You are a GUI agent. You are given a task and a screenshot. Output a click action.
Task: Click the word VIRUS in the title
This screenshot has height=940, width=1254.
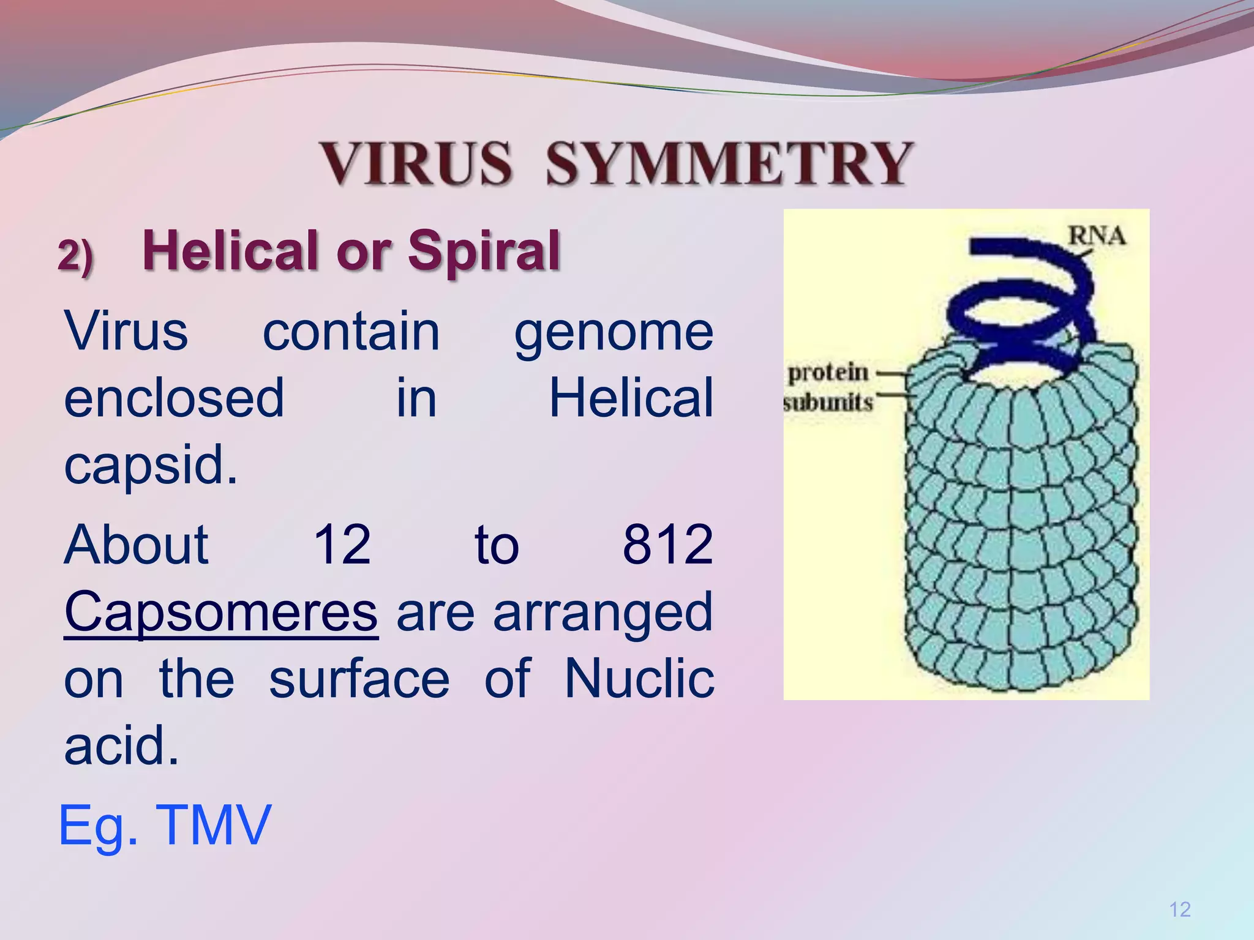point(416,163)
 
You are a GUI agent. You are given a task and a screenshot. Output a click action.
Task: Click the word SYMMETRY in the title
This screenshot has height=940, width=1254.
point(729,163)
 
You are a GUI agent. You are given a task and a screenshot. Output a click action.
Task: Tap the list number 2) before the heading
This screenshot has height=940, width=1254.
point(75,255)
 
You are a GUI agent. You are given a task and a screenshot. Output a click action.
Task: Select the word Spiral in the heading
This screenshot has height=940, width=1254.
point(484,250)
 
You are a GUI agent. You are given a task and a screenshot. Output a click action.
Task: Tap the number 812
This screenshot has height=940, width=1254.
point(667,545)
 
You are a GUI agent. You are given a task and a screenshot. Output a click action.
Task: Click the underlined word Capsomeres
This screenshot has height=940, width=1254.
point(221,612)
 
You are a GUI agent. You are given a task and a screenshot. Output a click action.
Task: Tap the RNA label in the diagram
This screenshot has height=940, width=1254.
point(1096,236)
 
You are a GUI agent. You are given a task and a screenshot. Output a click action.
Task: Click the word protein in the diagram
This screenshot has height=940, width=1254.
point(828,372)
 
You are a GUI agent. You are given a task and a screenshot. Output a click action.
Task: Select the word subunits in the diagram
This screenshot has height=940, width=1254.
point(828,403)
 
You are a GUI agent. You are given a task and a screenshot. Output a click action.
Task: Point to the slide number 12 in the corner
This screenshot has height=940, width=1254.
point(1179,910)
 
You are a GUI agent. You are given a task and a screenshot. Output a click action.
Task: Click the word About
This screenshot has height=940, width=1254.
point(137,545)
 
